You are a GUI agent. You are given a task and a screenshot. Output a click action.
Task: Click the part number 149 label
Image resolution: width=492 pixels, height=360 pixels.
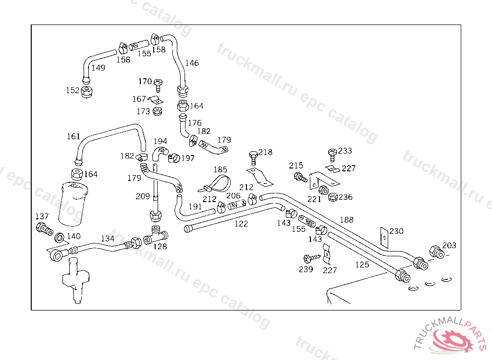(98, 68)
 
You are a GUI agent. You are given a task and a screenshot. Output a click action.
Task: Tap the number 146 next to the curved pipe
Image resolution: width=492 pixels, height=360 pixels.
(192, 63)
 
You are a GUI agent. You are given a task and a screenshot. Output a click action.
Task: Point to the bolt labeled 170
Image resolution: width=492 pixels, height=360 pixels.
(159, 85)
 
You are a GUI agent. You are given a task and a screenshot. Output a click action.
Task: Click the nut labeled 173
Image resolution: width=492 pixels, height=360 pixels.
(157, 112)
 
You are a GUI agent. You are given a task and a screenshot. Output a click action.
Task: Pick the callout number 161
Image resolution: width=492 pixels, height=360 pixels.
(74, 136)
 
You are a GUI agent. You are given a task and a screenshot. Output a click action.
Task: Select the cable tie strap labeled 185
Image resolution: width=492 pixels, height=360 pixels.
(215, 182)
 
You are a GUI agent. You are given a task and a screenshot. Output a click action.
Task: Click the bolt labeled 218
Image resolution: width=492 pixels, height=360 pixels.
(253, 156)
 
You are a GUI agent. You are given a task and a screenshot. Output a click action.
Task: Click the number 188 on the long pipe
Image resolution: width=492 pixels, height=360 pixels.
(346, 220)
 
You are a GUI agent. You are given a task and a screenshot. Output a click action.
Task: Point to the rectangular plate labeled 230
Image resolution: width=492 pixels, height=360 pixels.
(384, 236)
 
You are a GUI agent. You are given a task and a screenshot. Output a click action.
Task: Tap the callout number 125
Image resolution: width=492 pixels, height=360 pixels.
(362, 264)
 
